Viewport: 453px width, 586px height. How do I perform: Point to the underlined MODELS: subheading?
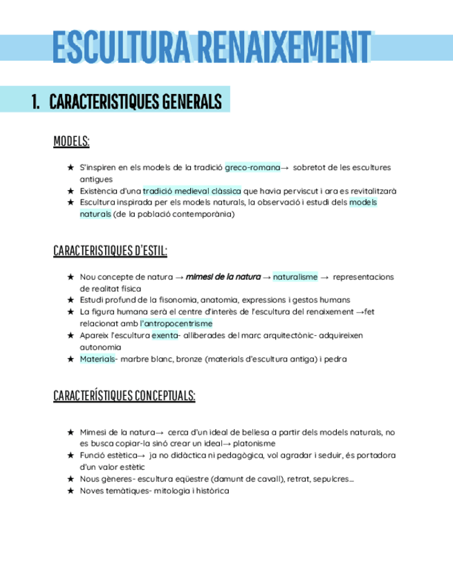tap(71, 142)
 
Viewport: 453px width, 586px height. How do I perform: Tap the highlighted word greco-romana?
tap(252, 168)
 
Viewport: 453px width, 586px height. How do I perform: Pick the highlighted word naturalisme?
tap(295, 277)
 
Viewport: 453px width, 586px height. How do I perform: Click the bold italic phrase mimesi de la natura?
tap(223, 277)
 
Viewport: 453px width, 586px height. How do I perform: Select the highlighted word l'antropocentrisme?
tap(176, 323)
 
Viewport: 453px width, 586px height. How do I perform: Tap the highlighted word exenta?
tap(165, 335)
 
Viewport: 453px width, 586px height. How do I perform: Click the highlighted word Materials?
tap(95, 359)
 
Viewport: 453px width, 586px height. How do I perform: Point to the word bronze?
tap(189, 359)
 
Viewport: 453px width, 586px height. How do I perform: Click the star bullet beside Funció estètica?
tap(71, 455)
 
